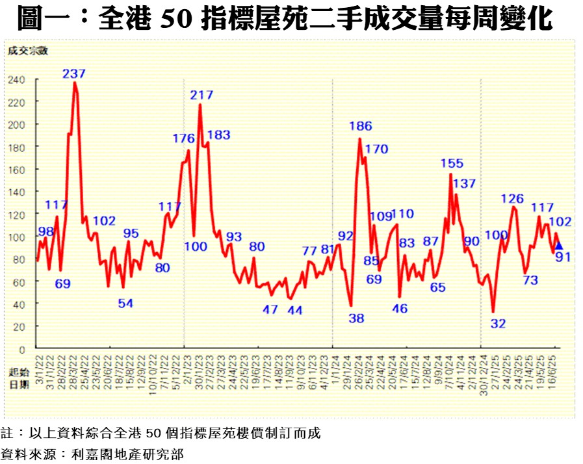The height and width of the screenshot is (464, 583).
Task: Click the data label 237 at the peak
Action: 74,73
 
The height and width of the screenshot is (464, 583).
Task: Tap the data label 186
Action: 360,126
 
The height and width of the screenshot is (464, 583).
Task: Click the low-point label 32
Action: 498,324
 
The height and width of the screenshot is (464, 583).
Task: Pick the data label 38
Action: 356,318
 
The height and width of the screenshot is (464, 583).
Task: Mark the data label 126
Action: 512,199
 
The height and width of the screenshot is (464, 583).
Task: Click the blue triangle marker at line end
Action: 558,246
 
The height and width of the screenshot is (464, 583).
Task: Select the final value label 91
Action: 562,257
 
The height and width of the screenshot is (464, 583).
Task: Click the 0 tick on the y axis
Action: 21,349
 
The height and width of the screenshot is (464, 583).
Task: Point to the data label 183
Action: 218,135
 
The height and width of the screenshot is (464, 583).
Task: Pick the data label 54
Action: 125,303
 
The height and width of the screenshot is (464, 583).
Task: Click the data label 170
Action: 376,149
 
